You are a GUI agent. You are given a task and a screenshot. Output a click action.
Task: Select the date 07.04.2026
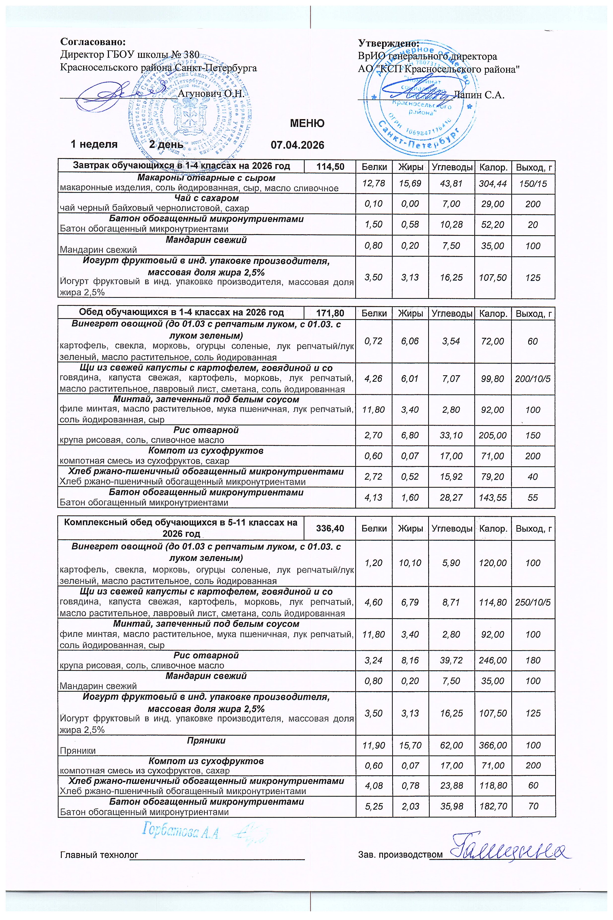coord(297,145)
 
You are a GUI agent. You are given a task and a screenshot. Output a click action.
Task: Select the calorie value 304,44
coord(493,183)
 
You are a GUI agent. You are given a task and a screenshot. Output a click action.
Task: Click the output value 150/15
coord(533,183)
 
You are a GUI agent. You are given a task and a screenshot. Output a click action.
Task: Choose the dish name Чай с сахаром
coord(206,198)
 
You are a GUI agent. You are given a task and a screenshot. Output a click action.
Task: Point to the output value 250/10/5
coord(533,602)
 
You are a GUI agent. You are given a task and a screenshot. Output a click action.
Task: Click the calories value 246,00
coord(493,660)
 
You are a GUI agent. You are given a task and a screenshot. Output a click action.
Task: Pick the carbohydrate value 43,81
coord(451,183)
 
